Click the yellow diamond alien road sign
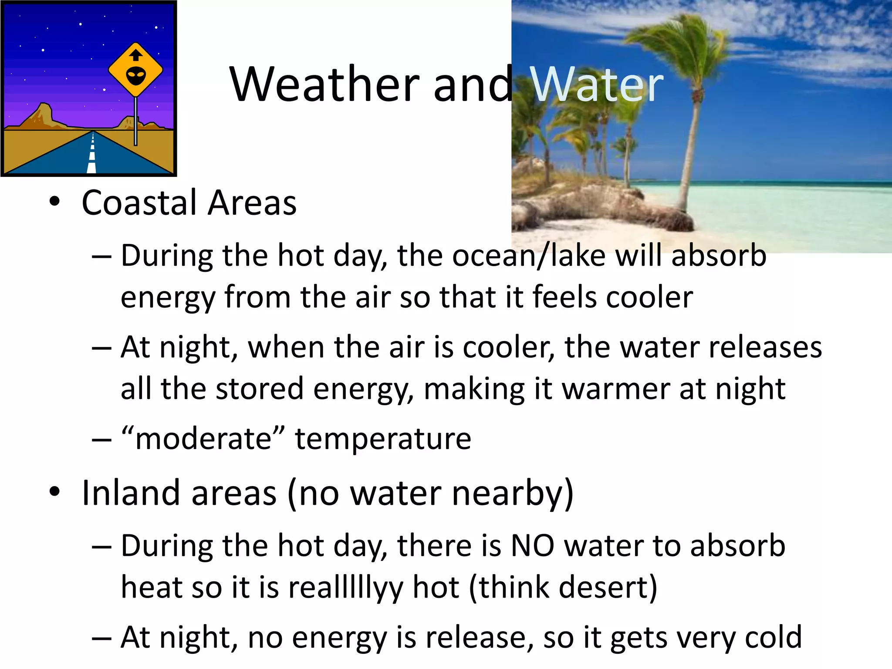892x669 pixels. tap(135, 70)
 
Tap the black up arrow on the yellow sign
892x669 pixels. tap(136, 55)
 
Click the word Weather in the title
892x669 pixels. tap(324, 84)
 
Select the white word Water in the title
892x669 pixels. tap(597, 84)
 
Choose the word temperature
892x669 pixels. tap(383, 439)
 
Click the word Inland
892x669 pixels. tap(131, 493)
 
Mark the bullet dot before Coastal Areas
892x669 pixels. tap(54, 202)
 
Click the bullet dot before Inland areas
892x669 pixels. tap(54, 492)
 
